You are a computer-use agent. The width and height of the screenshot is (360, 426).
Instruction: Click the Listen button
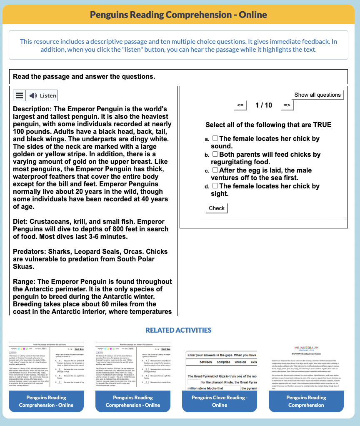(x=42, y=95)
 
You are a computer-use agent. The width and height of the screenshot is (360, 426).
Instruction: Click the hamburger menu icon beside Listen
(x=19, y=95)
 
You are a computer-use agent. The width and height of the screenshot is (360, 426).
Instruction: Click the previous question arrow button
(x=240, y=105)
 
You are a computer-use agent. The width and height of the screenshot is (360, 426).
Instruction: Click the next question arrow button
(x=287, y=105)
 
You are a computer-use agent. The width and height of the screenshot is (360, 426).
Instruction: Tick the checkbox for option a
(x=215, y=138)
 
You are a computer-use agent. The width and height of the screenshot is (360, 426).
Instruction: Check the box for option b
(x=215, y=154)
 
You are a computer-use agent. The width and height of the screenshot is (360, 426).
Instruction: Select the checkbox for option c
(x=215, y=170)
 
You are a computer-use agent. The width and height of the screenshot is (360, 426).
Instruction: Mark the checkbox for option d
(x=215, y=186)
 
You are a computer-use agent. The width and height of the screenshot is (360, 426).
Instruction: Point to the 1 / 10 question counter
(x=264, y=105)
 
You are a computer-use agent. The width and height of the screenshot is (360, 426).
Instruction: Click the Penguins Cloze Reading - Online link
(x=220, y=401)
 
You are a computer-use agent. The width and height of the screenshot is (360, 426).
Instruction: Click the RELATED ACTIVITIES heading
(x=178, y=330)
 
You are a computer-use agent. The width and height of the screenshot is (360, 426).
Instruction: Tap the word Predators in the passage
(x=29, y=251)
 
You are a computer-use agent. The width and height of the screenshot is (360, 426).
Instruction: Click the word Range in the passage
(x=23, y=281)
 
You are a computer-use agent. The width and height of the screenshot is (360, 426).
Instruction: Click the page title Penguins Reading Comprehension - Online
(x=178, y=15)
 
